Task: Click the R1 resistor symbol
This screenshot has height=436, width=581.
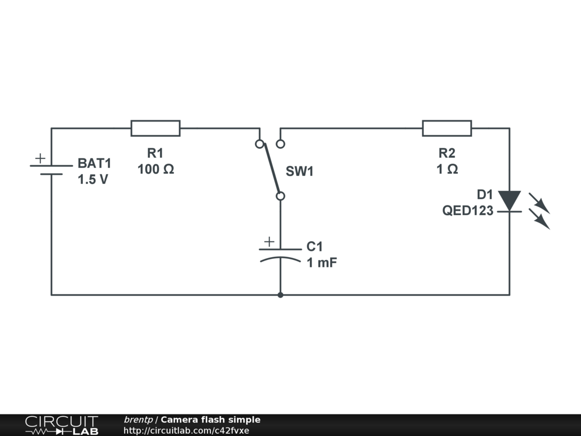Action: tap(155, 128)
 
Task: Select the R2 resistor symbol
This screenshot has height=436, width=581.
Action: tap(447, 128)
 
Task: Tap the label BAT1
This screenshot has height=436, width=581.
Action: tap(95, 163)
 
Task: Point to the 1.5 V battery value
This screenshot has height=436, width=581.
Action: tap(93, 179)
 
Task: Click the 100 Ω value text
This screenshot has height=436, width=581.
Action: tap(155, 169)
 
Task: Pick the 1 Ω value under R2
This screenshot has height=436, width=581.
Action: tap(447, 169)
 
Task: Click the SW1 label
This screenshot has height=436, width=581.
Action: tap(300, 171)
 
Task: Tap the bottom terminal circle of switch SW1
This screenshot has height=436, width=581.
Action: tap(280, 196)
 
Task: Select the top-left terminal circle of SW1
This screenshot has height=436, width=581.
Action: tap(259, 144)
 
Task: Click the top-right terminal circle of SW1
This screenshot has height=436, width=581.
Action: tap(280, 144)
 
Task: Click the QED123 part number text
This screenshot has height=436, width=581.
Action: tap(468, 211)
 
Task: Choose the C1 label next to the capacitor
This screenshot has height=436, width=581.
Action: tap(314, 246)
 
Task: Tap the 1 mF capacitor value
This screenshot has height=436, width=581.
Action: tap(322, 262)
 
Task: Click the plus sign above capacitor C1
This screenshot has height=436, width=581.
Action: tap(269, 241)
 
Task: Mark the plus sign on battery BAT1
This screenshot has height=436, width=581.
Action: tap(40, 158)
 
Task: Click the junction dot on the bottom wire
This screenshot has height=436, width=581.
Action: tap(280, 295)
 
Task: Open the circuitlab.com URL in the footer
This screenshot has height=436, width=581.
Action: tap(186, 430)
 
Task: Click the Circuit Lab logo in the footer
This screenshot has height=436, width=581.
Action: tap(61, 425)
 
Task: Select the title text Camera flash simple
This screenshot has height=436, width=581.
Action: tap(210, 420)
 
